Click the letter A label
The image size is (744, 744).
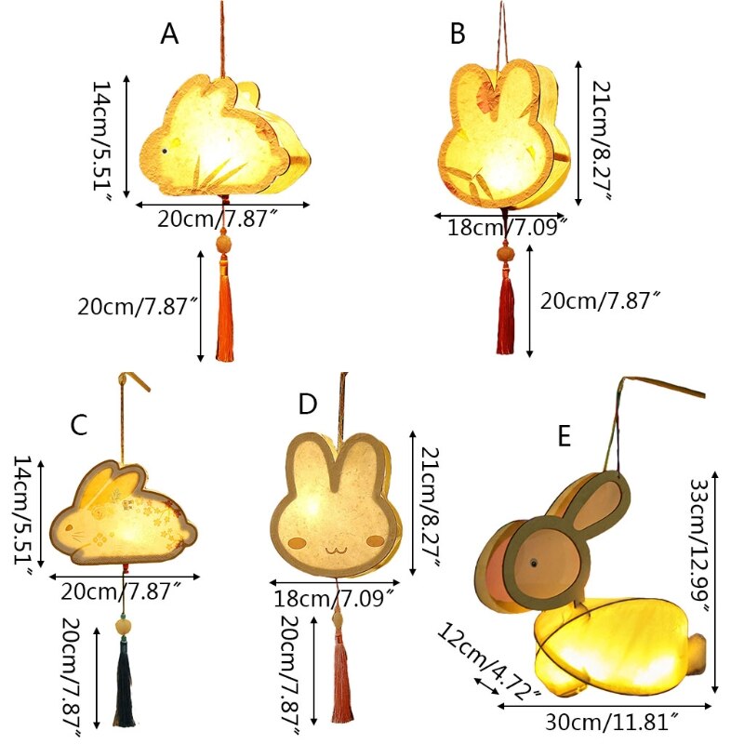168,33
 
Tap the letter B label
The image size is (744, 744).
458,34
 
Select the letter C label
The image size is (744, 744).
79,426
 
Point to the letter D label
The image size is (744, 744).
308,405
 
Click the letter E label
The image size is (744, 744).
564,435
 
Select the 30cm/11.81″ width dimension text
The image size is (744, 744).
615,718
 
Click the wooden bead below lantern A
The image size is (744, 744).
223,244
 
